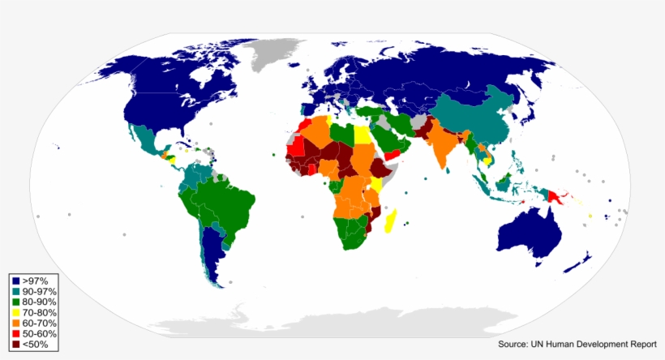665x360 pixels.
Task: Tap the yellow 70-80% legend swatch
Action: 15,312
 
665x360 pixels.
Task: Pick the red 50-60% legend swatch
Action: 15,333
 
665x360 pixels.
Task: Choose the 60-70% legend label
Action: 39,323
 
